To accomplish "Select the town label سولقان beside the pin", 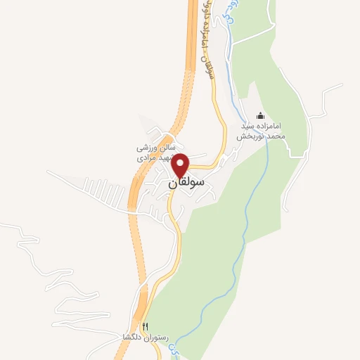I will point(187,183).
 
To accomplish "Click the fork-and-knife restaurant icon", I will point(145,326).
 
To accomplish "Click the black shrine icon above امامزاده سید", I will point(262,115).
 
